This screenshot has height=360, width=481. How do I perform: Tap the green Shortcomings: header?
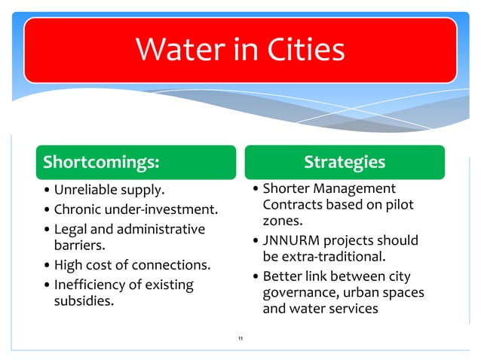tap(101, 162)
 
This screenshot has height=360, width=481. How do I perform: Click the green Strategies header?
tap(344, 162)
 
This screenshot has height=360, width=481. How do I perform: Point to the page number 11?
tap(240, 339)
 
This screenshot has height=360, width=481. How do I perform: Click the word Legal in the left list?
tap(71, 229)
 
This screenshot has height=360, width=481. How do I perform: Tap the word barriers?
tap(78, 245)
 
